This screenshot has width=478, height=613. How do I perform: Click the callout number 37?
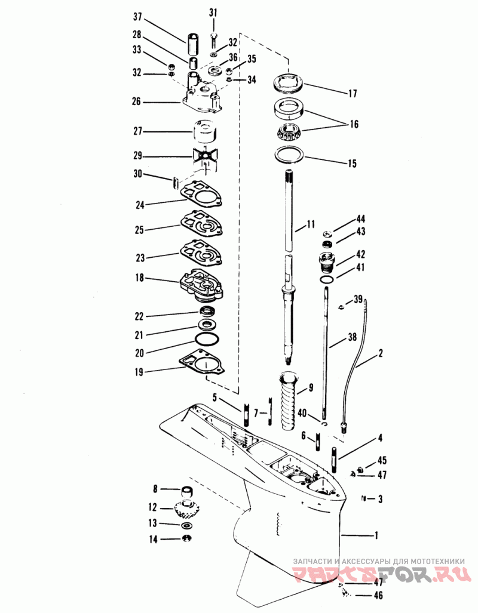tap(137, 17)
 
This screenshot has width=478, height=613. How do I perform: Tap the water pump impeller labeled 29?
tap(205, 158)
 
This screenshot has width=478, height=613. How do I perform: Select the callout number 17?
tap(353, 94)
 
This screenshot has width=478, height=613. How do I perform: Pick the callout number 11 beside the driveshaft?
tap(311, 224)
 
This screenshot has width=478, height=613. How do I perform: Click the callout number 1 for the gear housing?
tap(376, 535)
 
